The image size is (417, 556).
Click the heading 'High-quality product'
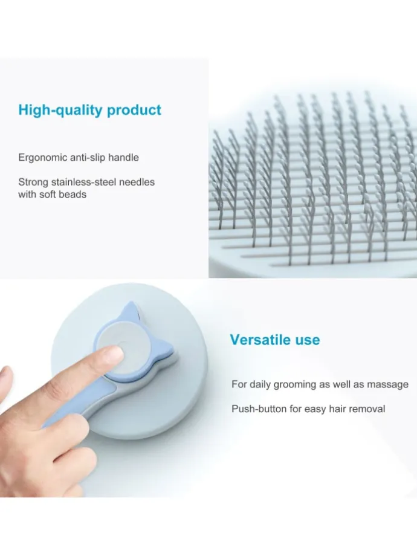pyautogui.click(x=89, y=110)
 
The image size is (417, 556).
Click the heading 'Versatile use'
pyautogui.click(x=275, y=340)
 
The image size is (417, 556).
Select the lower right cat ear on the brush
pyautogui.click(x=169, y=349)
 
